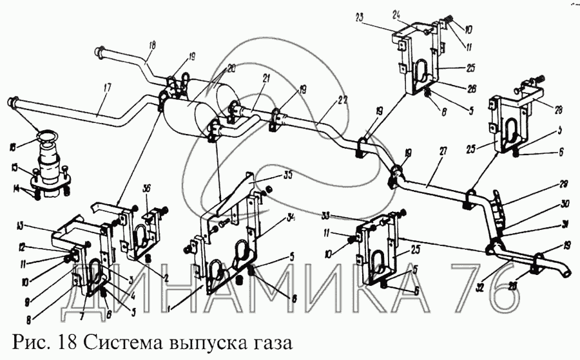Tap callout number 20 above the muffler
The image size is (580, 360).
(231, 66)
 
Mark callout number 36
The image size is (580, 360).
(147, 188)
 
